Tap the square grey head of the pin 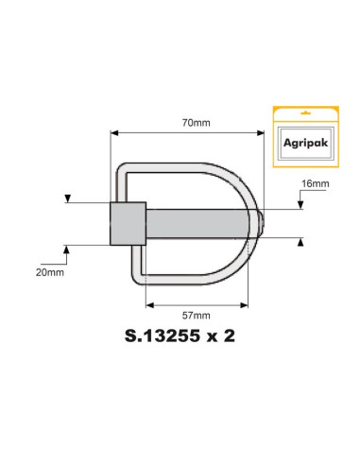point(127,223)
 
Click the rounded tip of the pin point(263,223)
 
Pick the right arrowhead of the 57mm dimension point(245,304)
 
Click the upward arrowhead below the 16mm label point(300,242)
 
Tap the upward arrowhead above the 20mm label point(67,248)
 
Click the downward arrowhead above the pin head point(67,198)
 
